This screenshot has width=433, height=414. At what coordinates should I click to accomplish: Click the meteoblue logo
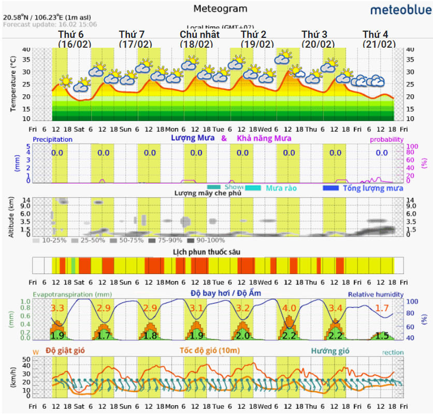[399, 10]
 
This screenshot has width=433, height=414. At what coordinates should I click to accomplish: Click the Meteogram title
[220, 8]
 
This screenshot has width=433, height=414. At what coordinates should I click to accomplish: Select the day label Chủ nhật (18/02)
[199, 39]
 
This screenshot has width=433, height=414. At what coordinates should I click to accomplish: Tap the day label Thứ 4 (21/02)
[379, 39]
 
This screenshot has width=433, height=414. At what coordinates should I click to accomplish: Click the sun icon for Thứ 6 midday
[66, 80]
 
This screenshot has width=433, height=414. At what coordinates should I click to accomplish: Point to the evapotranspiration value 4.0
[289, 308]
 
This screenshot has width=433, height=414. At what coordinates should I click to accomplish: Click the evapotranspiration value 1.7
[382, 308]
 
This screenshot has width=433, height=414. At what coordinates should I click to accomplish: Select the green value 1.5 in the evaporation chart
[382, 335]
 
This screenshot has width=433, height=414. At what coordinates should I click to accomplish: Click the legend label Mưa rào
[281, 188]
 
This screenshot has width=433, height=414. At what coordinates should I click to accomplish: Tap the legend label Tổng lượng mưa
[373, 188]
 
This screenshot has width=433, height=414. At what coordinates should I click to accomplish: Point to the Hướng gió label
[330, 351]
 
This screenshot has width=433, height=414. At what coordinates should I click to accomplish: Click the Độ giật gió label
[65, 350]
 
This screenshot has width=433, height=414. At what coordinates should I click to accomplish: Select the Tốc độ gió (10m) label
[210, 351]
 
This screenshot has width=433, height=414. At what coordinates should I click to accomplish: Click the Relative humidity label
[376, 294]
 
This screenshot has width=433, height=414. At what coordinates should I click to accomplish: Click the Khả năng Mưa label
[264, 139]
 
